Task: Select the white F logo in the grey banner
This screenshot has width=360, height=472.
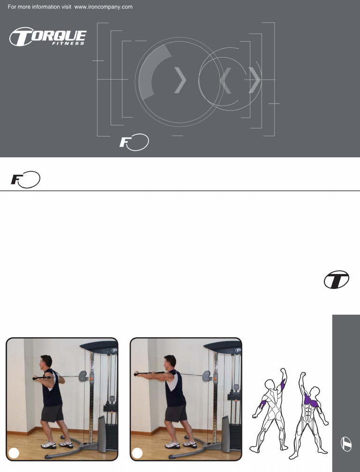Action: (134, 142)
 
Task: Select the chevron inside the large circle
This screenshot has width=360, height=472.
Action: (180, 80)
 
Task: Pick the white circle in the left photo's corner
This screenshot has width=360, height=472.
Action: (15, 452)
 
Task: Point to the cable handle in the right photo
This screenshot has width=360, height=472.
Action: (141, 374)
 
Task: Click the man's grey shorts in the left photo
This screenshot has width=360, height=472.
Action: (52, 413)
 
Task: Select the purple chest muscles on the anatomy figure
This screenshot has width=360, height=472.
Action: (310, 401)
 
